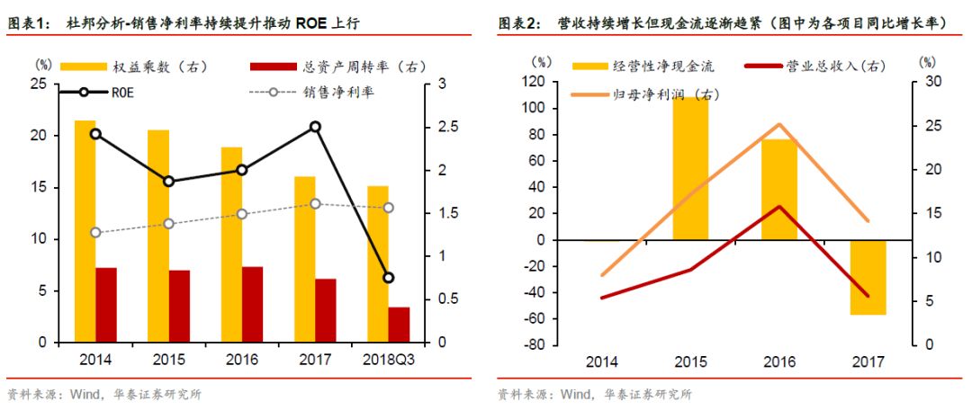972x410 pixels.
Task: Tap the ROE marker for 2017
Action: point(315,127)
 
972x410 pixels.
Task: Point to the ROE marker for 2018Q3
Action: point(389,278)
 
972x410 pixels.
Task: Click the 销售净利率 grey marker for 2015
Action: point(169,223)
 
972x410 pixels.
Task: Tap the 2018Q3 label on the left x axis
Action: point(389,360)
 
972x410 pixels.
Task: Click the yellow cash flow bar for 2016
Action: point(779,190)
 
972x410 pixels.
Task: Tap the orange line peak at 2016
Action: point(779,124)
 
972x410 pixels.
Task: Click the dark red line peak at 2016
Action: point(779,206)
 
